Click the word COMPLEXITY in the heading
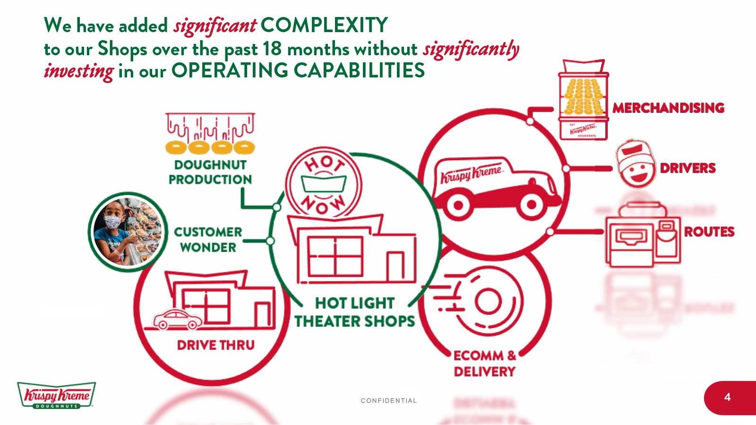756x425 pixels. click(x=324, y=25)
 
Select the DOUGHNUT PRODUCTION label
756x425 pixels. click(x=210, y=172)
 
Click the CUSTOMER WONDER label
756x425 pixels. click(x=208, y=239)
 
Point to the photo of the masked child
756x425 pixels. click(x=128, y=231)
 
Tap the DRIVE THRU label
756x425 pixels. click(x=215, y=345)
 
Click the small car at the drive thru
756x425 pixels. click(x=178, y=320)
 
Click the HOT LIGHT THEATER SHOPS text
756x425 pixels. click(x=354, y=312)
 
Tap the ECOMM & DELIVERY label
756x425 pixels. click(x=484, y=364)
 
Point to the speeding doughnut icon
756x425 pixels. click(x=482, y=301)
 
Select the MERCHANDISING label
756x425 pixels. click(x=668, y=108)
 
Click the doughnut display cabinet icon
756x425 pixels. click(x=584, y=99)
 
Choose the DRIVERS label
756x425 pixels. click(x=687, y=168)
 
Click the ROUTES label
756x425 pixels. click(x=709, y=232)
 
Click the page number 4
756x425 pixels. click(x=727, y=398)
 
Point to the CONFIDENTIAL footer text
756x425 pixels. click(x=388, y=401)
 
